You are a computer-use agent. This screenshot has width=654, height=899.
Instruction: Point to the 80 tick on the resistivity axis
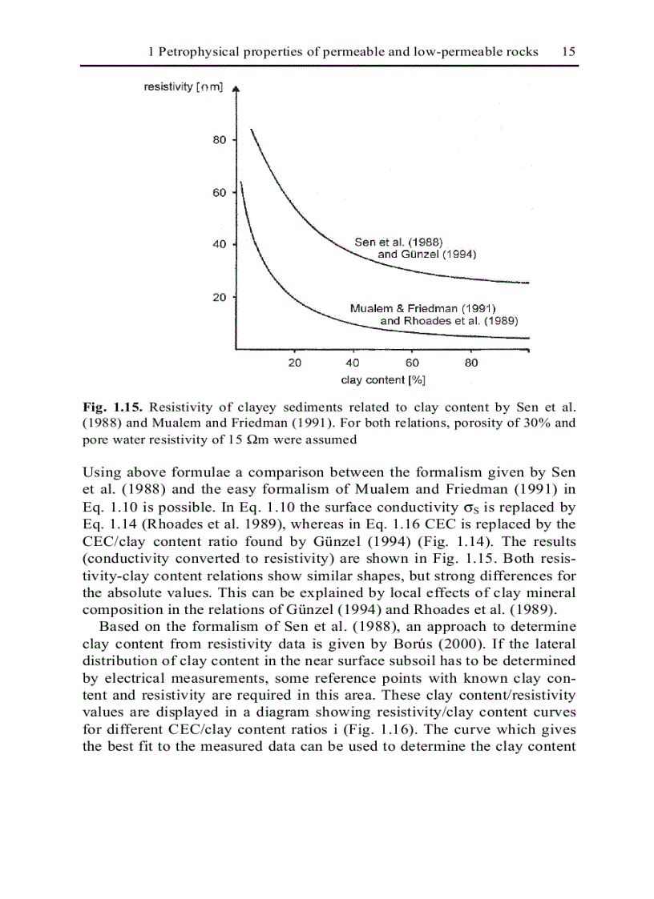[x=219, y=140]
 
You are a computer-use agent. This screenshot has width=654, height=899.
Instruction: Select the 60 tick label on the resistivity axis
[x=219, y=192]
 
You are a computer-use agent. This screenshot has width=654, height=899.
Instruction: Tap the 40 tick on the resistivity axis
[x=219, y=244]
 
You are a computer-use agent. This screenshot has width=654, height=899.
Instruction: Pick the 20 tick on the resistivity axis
[x=219, y=297]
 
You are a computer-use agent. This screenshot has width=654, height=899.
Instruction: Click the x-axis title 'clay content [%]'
[x=383, y=379]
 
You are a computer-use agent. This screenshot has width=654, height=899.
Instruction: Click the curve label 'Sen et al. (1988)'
[x=399, y=243]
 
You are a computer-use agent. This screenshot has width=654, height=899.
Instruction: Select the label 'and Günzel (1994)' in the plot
[x=427, y=255]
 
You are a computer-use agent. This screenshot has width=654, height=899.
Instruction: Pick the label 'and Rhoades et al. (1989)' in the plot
[x=449, y=320]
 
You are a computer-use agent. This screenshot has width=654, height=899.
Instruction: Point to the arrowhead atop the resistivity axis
[x=235, y=90]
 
